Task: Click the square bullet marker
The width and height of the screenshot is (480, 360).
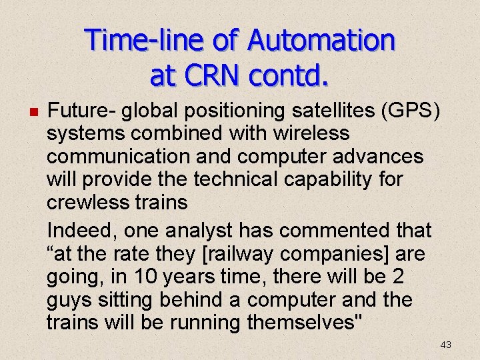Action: coord(33,111)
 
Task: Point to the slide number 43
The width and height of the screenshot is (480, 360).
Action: coord(445,345)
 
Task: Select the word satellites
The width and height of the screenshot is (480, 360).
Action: coord(311,110)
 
